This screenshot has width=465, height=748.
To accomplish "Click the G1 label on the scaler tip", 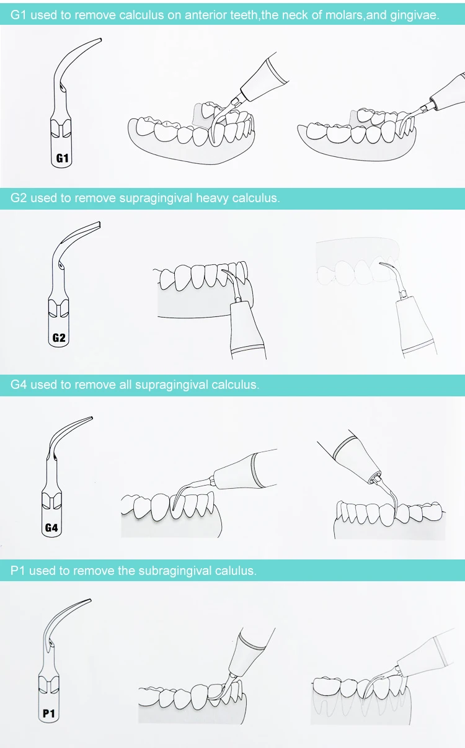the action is [x=62, y=158].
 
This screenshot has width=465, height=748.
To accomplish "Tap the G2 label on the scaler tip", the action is [x=59, y=337].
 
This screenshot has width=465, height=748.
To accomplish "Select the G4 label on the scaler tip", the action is [x=51, y=528].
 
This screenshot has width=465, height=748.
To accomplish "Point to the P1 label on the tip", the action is [x=49, y=714].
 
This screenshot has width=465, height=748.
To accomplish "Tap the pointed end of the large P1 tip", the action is [x=90, y=600].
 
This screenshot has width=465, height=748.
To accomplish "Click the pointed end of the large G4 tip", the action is [x=92, y=417].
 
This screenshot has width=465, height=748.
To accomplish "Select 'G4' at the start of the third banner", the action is [x=19, y=385].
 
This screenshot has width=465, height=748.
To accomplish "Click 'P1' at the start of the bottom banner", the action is [x=18, y=571].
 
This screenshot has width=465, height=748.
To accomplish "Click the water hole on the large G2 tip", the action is [x=60, y=265].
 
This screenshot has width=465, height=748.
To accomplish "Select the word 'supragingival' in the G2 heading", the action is [x=156, y=198].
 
